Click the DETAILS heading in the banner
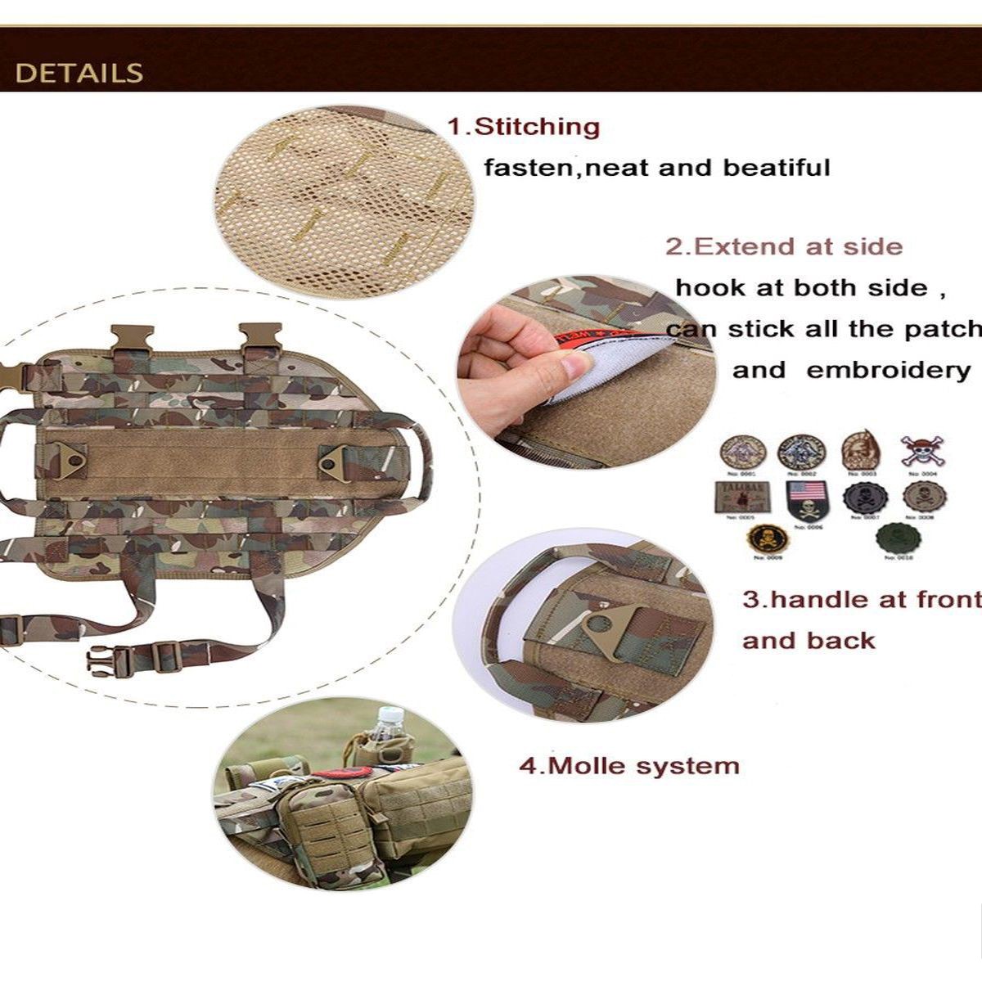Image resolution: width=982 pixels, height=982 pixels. click(79, 73)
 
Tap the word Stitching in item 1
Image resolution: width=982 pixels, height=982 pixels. click(537, 127)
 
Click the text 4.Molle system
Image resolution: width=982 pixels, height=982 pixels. click(629, 766)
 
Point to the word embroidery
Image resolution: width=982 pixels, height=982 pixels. click(888, 370)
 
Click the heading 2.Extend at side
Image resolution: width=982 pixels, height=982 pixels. click(783, 246)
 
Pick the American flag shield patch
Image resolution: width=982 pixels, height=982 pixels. click(807, 498)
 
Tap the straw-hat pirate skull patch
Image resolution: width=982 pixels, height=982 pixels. click(921, 451)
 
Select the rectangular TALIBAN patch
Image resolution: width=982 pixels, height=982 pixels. click(742, 496)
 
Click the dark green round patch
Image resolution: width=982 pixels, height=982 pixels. click(899, 538)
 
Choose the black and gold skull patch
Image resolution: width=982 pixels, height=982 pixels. click(768, 538)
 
